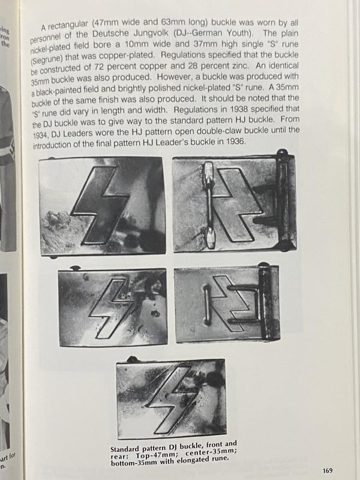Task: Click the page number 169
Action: click(326, 470)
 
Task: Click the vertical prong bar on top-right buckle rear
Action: click(208, 204)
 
